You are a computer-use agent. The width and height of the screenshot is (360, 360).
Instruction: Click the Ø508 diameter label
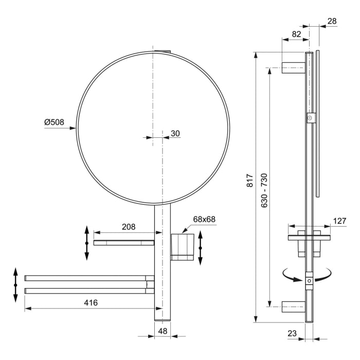[54, 122]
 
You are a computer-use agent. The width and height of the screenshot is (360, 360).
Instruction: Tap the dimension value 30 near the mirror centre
[175, 133]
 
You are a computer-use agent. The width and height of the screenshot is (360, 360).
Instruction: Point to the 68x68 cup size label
[204, 219]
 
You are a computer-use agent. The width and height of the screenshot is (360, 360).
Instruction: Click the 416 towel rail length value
[91, 302]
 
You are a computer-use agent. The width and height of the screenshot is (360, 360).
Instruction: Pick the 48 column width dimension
[163, 332]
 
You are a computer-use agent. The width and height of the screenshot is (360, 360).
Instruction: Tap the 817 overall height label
[250, 180]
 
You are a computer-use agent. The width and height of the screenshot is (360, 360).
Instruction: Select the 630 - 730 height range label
[264, 190]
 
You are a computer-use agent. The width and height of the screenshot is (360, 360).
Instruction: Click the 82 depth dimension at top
[297, 34]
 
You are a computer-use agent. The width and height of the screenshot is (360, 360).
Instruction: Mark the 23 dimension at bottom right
[292, 333]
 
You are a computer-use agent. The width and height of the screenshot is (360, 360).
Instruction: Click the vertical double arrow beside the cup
[201, 247]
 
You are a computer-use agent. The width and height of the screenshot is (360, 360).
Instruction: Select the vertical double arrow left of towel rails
[15, 284]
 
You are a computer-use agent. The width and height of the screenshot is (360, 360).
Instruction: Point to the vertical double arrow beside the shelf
[86, 242]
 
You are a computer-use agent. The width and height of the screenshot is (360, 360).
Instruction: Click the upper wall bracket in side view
[293, 67]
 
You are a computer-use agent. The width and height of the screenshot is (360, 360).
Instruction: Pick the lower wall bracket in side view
[293, 308]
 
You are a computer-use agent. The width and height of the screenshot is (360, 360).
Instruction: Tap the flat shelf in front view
[123, 242]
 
